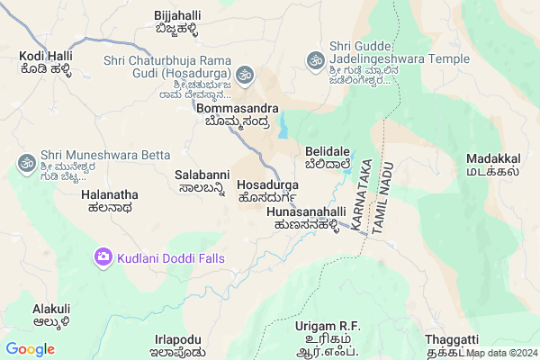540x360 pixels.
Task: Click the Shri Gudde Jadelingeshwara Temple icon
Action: click(315, 60)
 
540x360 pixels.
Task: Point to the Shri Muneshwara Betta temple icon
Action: click(25, 163)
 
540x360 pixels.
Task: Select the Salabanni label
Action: click(202, 175)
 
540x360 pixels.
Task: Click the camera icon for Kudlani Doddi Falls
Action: click(103, 258)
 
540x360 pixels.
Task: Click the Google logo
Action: click(31, 349)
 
